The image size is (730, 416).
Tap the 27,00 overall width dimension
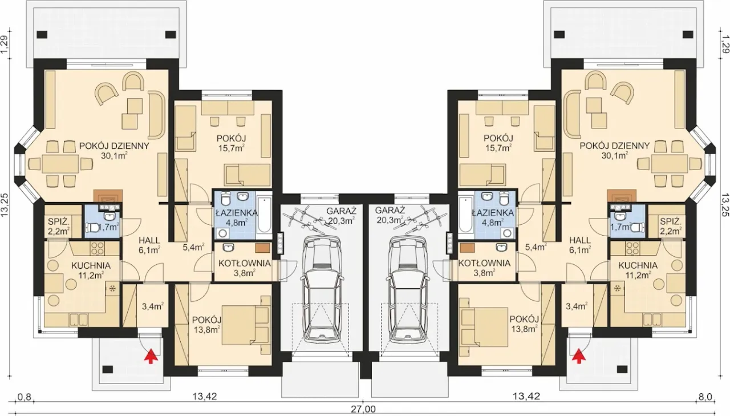click(364, 409)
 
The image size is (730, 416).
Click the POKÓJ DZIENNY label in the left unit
click(114, 146)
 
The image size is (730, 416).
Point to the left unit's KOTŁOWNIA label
click(245, 263)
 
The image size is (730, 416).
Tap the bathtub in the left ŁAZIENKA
click(264, 213)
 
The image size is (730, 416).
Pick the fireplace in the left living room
click(108, 197)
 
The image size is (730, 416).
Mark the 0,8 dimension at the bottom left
click(24, 397)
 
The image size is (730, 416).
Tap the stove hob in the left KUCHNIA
click(97, 248)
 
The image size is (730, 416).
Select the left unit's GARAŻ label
click(342, 211)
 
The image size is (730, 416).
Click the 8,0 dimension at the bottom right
click(705, 397)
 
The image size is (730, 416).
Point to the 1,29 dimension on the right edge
click(724, 45)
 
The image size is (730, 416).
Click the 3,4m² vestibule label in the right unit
click(577, 306)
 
